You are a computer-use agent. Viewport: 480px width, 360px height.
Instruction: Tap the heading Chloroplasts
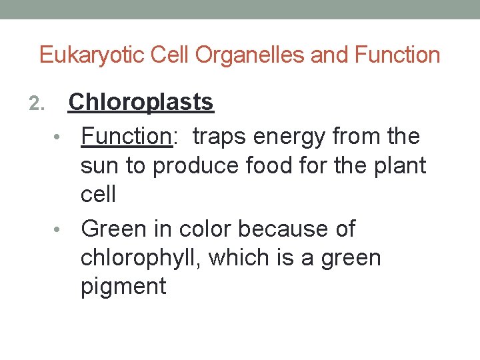point(141,102)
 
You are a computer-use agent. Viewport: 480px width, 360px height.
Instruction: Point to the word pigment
point(123,287)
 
